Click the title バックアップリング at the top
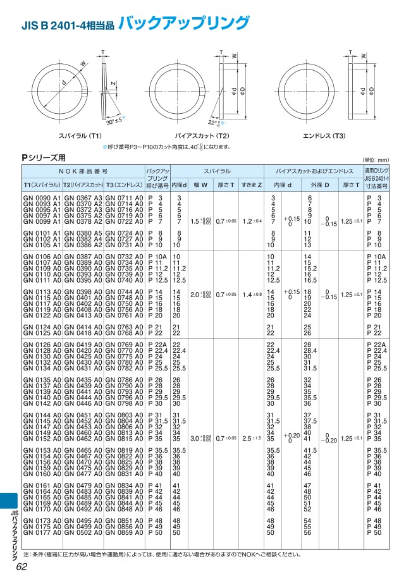coord(184,24)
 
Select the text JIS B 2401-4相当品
coord(68,27)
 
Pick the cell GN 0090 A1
coord(42,199)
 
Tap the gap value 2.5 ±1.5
coord(251,437)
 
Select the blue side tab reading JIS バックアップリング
coord(12,525)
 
